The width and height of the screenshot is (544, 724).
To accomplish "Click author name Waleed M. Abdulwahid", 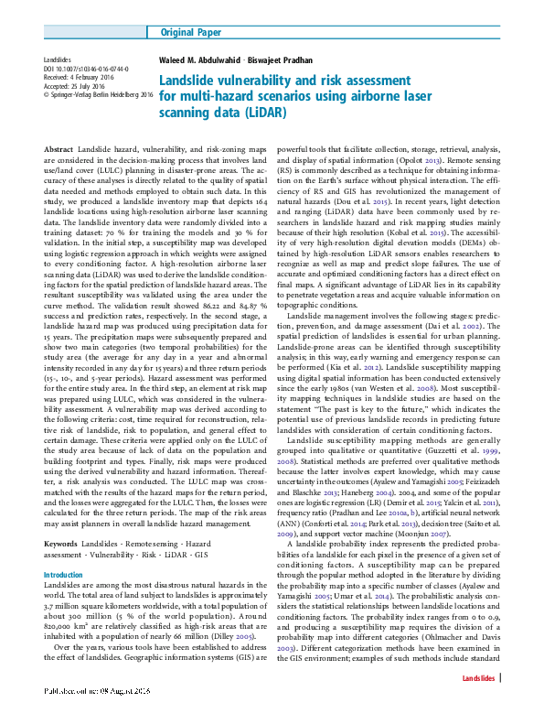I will (206, 63).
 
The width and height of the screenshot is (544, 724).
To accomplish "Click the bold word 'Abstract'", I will (59, 148).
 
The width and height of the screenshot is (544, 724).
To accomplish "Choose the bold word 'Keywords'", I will (61, 518).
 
